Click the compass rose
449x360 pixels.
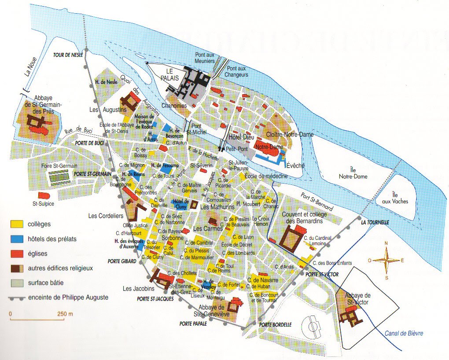386,260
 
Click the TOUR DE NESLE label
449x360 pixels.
68,55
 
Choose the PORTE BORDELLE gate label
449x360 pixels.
276,325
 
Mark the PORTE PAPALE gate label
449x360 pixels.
193,323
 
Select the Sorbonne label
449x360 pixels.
172,238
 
